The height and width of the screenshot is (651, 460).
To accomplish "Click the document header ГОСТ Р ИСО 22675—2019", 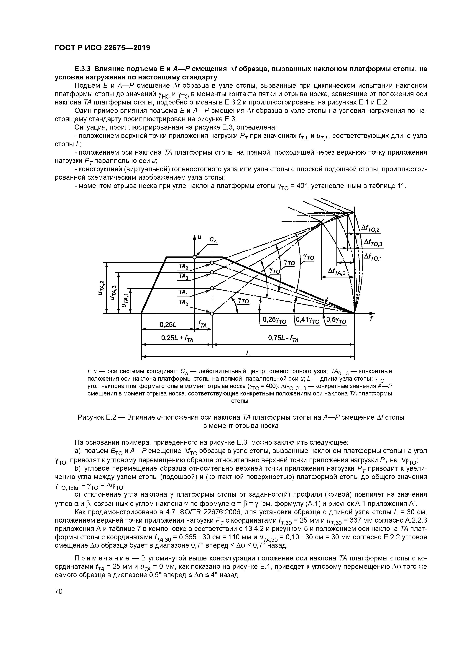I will point(102,48).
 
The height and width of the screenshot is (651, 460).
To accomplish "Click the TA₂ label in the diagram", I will point(184,266).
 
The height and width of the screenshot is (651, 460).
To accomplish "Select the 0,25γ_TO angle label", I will point(274,320).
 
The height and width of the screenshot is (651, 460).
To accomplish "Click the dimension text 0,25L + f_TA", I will point(177,338).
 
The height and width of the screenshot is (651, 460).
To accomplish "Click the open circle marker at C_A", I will point(194,257).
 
